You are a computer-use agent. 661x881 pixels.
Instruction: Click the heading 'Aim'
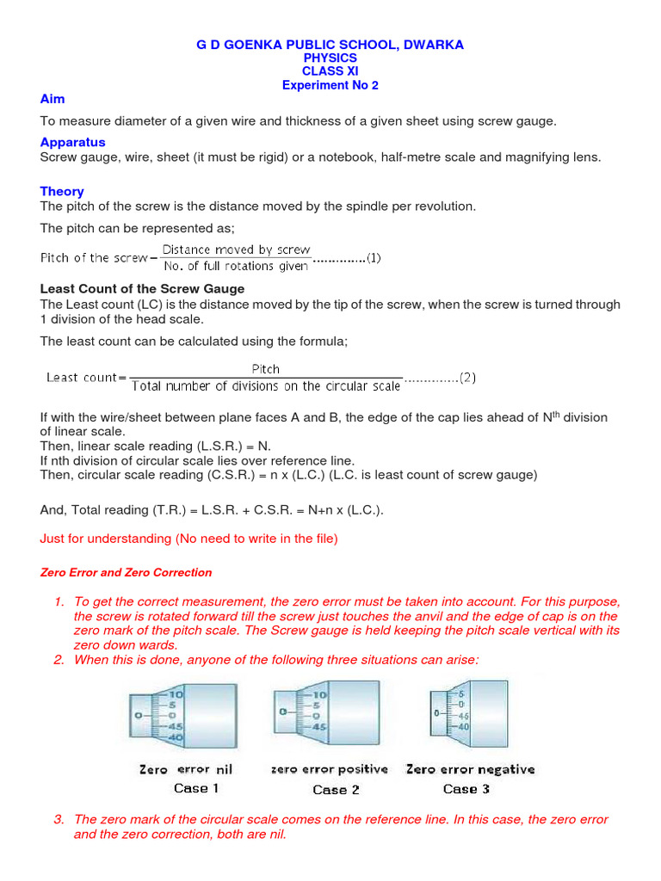(53, 100)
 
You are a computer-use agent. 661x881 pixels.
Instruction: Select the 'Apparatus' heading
(72, 142)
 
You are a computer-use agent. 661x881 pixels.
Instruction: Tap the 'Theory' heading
(62, 191)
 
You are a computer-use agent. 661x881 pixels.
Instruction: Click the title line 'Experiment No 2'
(330, 85)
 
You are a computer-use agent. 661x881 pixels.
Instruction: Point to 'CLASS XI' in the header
(330, 71)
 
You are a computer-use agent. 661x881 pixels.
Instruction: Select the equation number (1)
(374, 257)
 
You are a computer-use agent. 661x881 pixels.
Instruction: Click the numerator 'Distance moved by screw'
(237, 250)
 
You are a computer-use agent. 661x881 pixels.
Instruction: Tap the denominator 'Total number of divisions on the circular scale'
(266, 386)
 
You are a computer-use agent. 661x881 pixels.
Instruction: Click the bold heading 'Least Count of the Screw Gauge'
(142, 289)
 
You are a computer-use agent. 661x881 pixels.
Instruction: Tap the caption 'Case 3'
(466, 788)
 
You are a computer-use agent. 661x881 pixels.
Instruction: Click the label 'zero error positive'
(329, 769)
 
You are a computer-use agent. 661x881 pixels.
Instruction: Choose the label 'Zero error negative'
(470, 769)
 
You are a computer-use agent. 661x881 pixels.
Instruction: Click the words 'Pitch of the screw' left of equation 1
(94, 258)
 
